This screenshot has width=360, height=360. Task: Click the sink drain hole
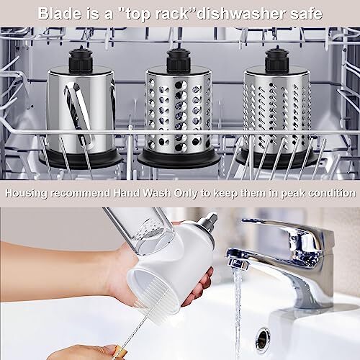pos(264,338)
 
